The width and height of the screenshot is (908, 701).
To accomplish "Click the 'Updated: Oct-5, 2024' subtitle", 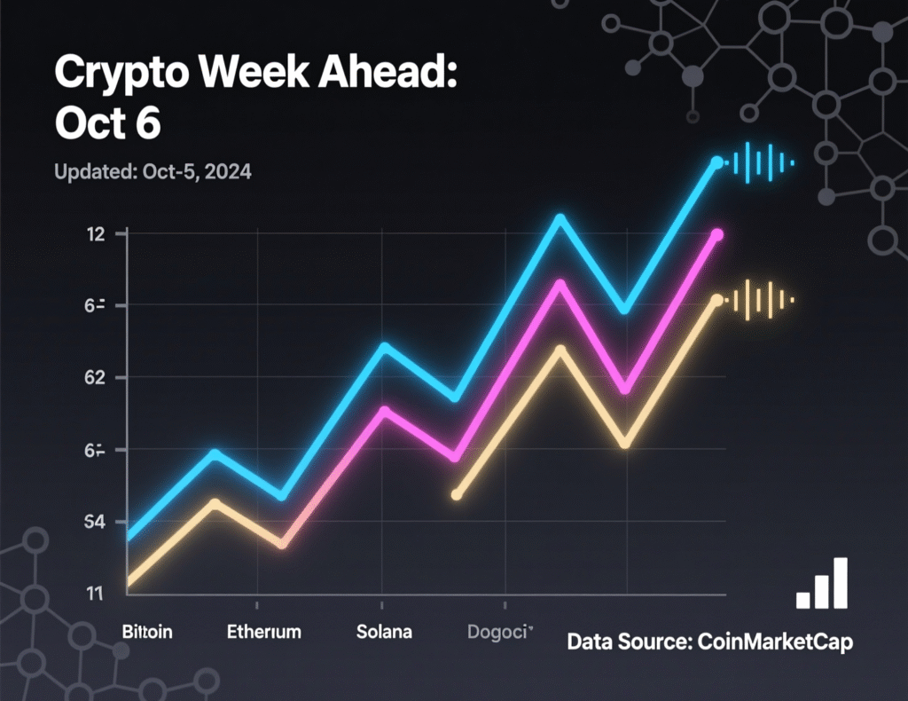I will click(x=153, y=171).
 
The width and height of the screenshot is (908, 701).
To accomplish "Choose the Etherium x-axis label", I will click(x=263, y=633).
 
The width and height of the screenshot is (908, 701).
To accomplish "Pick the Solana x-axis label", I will click(x=384, y=633).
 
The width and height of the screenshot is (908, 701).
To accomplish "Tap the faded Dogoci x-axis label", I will click(x=499, y=633).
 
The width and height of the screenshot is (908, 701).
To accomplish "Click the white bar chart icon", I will click(x=822, y=585).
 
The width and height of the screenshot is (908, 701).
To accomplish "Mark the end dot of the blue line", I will click(x=716, y=162).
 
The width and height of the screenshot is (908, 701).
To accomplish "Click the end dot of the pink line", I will click(x=717, y=235).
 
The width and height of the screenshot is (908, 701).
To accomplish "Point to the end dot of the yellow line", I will click(x=716, y=302).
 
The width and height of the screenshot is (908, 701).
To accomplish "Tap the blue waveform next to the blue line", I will click(x=761, y=162).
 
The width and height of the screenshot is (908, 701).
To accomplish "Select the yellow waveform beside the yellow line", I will click(x=761, y=302).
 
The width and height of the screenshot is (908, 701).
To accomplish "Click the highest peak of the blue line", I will click(x=560, y=217).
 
